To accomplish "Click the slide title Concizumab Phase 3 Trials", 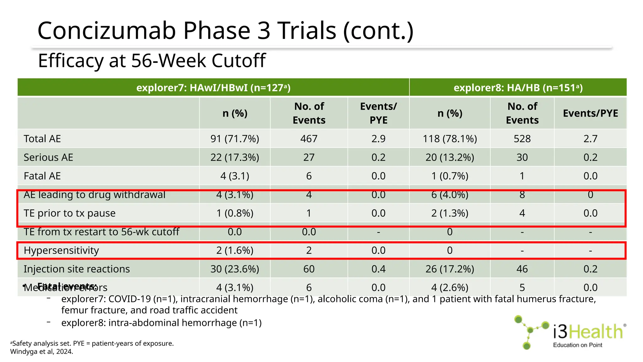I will point(225,30).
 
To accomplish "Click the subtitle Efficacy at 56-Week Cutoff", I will point(152,61).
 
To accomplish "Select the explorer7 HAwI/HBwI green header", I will point(213,87).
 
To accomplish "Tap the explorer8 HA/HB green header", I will point(518,87).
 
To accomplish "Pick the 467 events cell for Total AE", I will point(309,139).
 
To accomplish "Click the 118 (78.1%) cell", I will point(450,139).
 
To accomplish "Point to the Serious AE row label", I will point(48,157).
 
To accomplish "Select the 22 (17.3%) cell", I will point(235,157).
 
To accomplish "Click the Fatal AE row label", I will point(42,176).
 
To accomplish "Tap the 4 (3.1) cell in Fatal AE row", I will point(235,176).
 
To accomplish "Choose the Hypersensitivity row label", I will point(61,250).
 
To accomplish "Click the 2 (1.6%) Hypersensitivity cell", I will point(235,250).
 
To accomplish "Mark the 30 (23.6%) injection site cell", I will point(235,269).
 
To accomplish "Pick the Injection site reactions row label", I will point(77,269).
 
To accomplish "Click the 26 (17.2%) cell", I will point(450,269).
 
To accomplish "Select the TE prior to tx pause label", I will point(69,213).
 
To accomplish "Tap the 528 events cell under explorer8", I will point(522,139).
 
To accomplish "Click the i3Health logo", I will point(570,332).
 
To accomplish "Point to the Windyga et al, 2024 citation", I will point(41,352).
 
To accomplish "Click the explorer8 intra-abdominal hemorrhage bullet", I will point(161,323).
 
